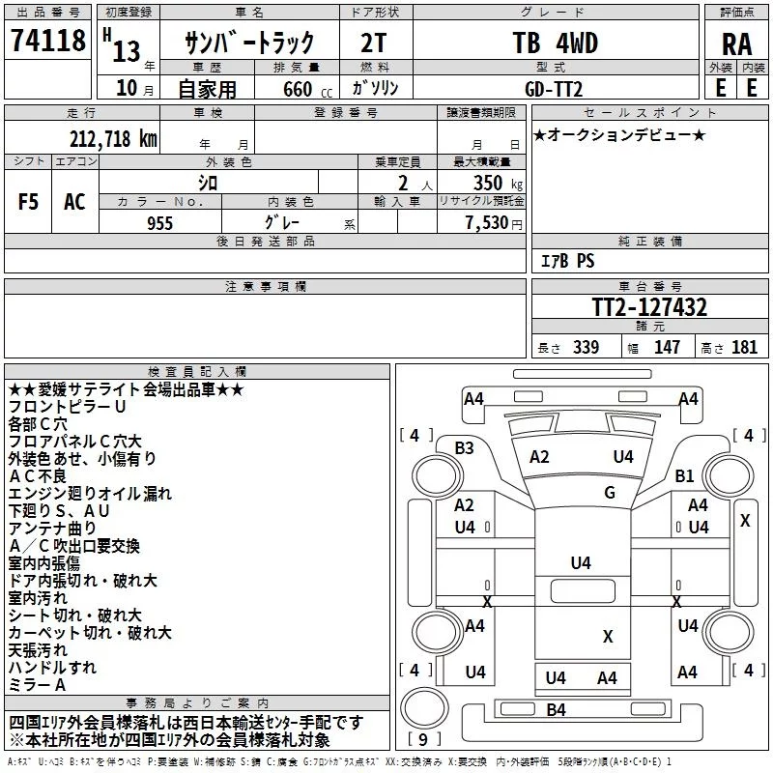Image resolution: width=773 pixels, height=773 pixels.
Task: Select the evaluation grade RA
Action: pos(736,44)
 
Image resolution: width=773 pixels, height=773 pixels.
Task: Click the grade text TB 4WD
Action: pos(555,43)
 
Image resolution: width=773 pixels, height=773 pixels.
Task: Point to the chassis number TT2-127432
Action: pos(649,308)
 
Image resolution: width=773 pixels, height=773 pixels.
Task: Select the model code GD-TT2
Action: pos(556,87)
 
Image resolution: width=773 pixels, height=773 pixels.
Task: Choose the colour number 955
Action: pos(158,223)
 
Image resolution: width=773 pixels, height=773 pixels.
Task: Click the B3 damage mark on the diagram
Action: pos(465,447)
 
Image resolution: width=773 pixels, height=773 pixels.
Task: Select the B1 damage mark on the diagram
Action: pos(685,475)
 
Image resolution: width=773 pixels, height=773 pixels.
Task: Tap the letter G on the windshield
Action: pos(609,493)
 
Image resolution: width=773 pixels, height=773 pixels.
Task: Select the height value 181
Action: pos(745,348)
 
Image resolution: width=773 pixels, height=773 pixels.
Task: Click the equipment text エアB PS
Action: pos(567,261)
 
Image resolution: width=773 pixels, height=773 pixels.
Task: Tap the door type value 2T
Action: pos(374,43)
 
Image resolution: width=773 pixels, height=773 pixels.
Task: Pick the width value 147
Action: pos(667,348)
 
